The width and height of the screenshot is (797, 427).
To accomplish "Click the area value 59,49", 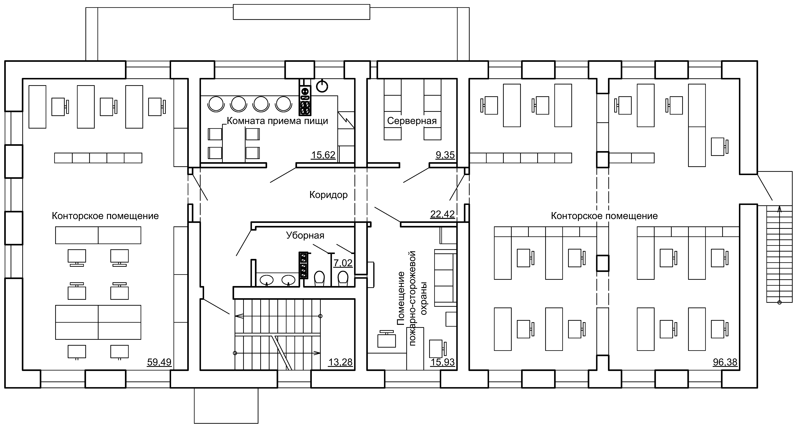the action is click(x=159, y=362).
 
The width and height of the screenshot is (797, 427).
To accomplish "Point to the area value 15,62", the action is click(x=323, y=155).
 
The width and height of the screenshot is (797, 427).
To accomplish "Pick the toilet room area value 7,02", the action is click(x=343, y=263).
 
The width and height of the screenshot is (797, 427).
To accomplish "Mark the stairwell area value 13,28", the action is click(x=340, y=362).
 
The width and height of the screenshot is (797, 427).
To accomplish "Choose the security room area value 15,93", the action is click(x=442, y=362).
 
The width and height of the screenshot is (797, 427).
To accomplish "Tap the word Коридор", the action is click(x=329, y=195).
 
